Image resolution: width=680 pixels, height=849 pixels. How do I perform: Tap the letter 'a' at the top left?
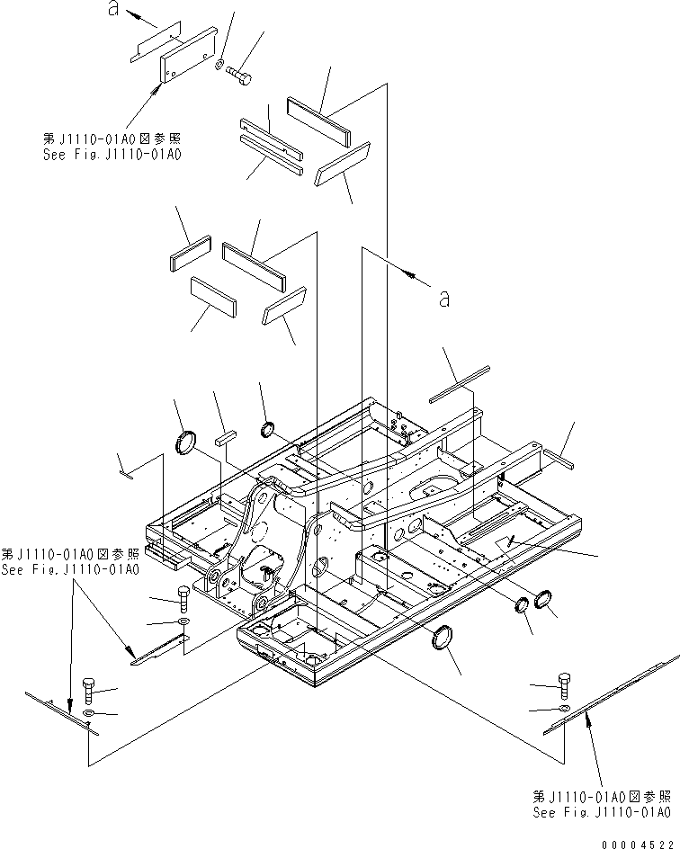[113, 9]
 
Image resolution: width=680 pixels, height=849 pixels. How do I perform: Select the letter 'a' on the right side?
[443, 299]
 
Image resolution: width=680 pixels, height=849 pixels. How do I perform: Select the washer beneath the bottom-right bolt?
[560, 710]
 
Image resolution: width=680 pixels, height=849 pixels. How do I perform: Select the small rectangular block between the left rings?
[225, 438]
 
